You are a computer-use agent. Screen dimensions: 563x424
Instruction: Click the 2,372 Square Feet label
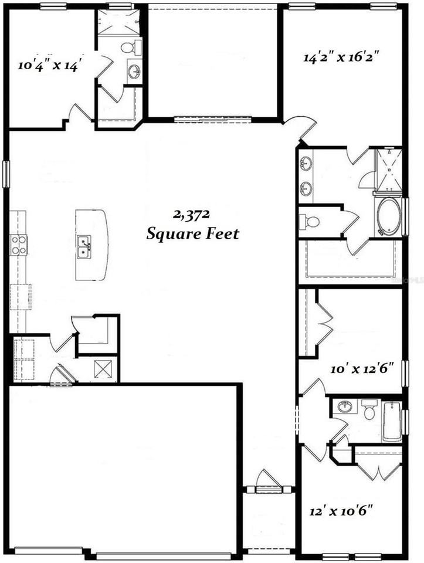coord(192,225)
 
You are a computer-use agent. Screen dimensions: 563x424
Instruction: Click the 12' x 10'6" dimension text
coord(342,511)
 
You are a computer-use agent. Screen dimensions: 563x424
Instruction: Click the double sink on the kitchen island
coord(84,246)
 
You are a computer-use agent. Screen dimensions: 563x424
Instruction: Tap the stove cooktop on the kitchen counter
coord(19,245)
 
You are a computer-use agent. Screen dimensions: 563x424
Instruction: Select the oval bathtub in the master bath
coord(388,218)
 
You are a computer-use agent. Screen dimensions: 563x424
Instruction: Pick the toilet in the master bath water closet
coord(311,222)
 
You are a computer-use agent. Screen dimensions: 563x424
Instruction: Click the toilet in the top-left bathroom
coord(128,48)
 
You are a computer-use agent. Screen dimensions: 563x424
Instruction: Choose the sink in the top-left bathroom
coord(134,72)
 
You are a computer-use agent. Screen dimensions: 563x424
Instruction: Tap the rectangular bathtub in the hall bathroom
coord(392,420)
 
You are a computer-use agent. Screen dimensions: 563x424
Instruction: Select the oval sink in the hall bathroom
coord(345,407)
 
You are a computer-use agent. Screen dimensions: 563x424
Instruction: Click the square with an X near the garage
coord(106,369)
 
